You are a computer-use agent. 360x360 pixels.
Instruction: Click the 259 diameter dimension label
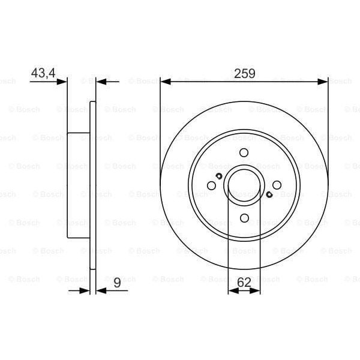[x=244, y=74]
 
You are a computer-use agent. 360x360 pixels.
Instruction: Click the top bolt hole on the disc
[x=244, y=153]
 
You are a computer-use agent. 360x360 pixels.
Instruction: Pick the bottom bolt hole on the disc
[x=244, y=218]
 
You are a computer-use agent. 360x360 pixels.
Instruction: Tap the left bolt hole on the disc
[x=211, y=186]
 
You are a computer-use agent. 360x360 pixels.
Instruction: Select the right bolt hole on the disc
[x=277, y=186]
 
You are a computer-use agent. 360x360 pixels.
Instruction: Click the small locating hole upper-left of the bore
[x=219, y=176]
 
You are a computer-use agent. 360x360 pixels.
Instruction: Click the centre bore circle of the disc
[x=244, y=186]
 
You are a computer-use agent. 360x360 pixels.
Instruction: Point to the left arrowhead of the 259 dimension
[x=165, y=82]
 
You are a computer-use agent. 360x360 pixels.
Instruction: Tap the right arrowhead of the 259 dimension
[x=323, y=82]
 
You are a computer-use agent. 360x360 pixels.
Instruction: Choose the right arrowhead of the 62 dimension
[x=256, y=291]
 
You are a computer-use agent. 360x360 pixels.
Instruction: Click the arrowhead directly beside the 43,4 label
[x=63, y=82]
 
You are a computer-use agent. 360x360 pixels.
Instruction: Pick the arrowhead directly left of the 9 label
[x=100, y=291]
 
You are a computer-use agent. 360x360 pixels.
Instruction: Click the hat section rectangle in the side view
[x=79, y=186]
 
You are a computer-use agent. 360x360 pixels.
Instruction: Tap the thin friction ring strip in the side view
[x=92, y=186]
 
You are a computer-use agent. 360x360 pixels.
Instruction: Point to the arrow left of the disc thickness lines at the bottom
[x=85, y=291]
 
